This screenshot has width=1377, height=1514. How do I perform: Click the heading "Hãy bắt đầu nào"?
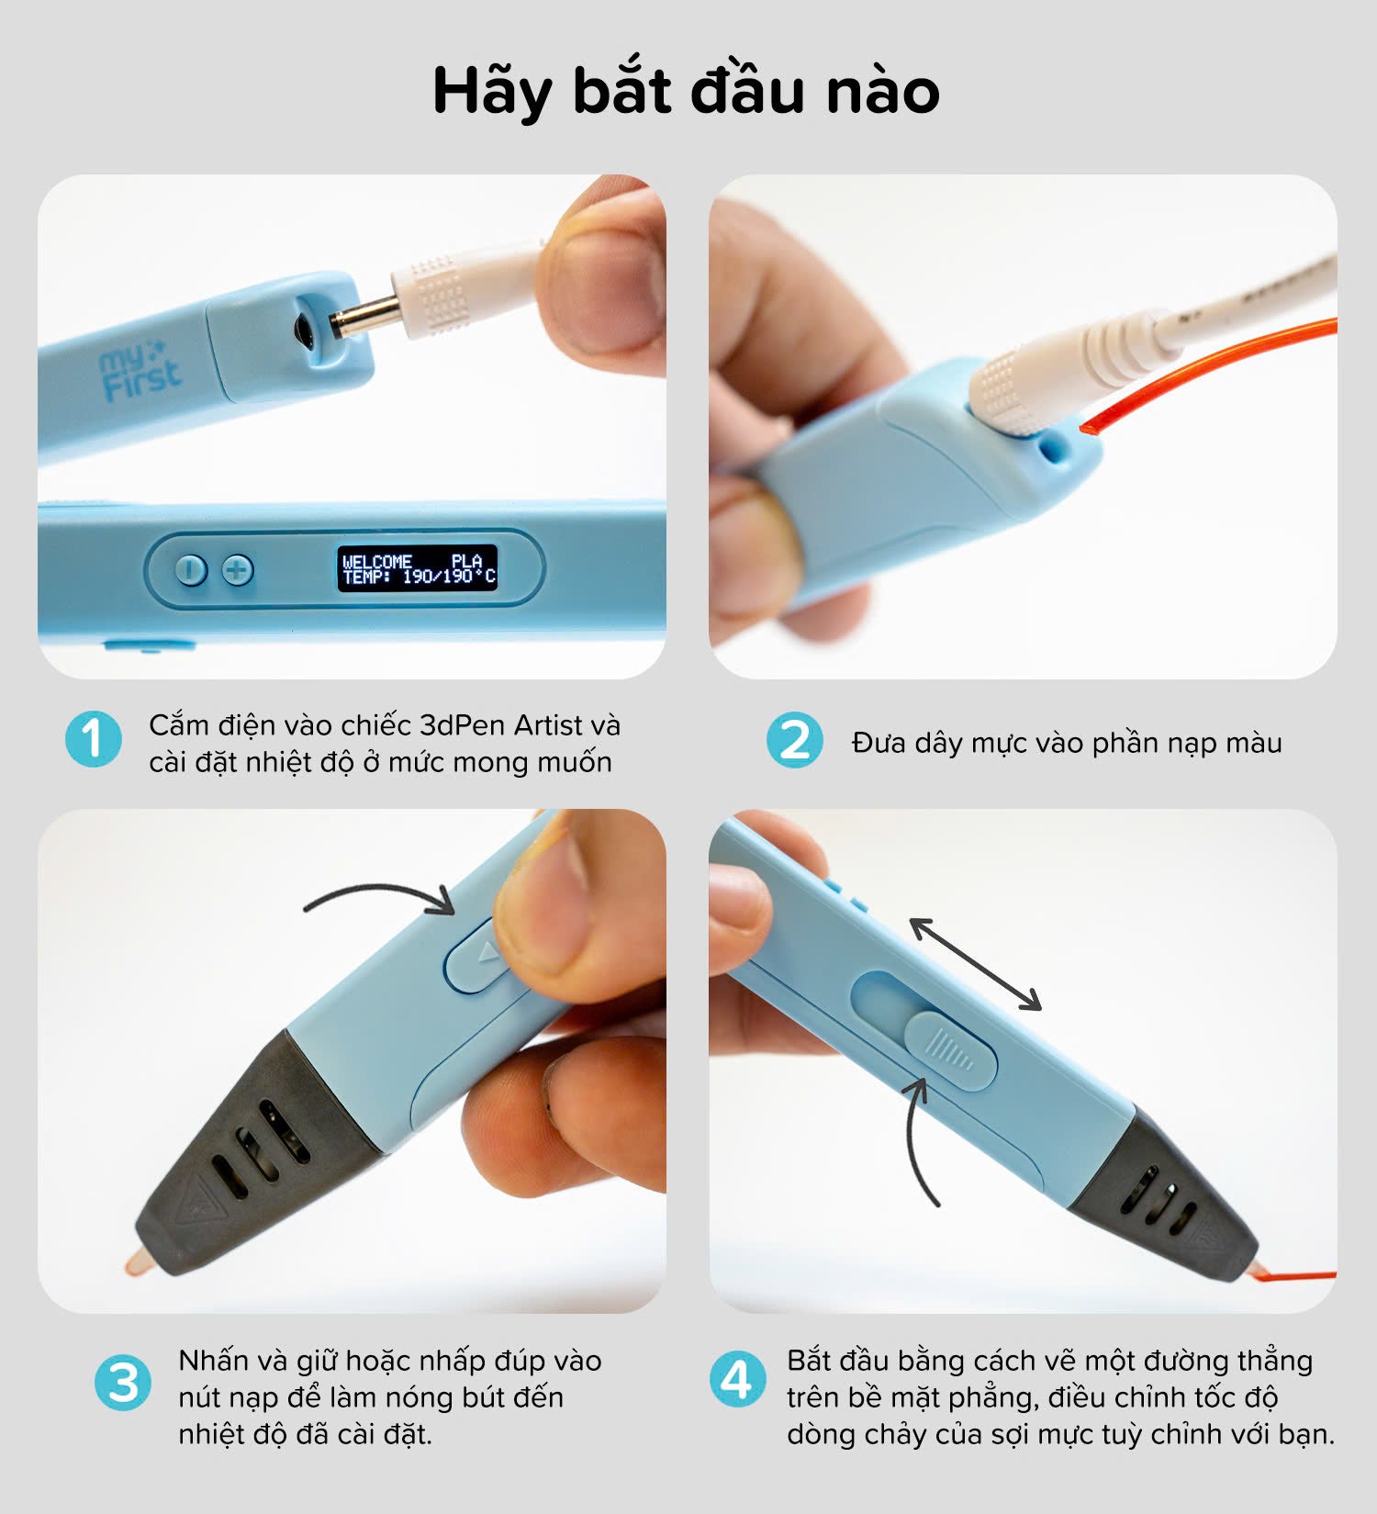pos(686,92)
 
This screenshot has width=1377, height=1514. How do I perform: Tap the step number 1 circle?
pos(93,739)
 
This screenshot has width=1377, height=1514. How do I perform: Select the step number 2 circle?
pos(794,740)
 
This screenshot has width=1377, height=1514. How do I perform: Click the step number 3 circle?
pos(123,1383)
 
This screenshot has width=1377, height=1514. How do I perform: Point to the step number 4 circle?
pos(737,1379)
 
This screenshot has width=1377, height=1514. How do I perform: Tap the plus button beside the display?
pos(238,570)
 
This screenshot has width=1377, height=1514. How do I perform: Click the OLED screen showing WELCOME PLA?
pos(418,568)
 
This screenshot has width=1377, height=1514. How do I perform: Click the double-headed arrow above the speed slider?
pos(975,963)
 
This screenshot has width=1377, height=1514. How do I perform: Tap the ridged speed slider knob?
pos(950,1050)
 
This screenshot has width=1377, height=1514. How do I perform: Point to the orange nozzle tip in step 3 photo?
pos(137,1260)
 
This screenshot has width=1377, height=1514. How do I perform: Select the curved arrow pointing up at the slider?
pos(920,1139)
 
